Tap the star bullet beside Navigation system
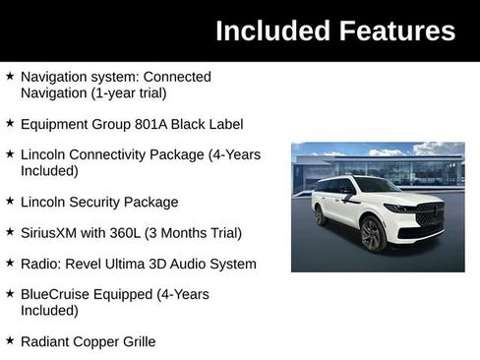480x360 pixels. click(10, 76)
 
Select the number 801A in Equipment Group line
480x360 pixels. click(154, 125)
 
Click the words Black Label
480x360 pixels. click(210, 125)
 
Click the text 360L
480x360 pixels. click(140, 233)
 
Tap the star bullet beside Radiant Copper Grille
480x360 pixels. click(10, 339)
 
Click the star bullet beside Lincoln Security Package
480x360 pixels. click(10, 201)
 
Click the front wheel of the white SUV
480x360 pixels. click(372, 234)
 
